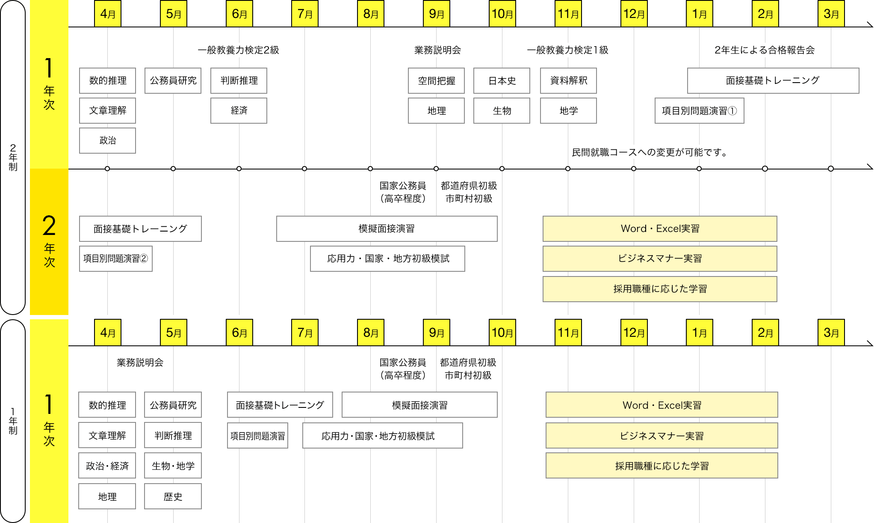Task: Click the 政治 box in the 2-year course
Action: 107,140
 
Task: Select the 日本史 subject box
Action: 502,80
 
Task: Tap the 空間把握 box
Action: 436,80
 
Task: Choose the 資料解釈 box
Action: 568,80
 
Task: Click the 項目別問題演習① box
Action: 699,111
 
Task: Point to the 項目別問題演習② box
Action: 115,259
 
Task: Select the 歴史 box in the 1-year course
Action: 173,496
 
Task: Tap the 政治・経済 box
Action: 107,466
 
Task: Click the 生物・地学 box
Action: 173,466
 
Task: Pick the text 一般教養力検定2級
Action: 238,50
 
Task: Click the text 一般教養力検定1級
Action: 567,50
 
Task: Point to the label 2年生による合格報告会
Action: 765,50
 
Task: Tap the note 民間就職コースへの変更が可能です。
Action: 650,152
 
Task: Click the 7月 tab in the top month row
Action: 305,14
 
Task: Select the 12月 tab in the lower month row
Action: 634,333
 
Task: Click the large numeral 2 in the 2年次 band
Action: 49,226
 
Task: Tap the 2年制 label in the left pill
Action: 13,157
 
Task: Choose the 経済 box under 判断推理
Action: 239,110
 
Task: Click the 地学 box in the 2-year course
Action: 568,110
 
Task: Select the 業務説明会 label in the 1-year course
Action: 140,363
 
